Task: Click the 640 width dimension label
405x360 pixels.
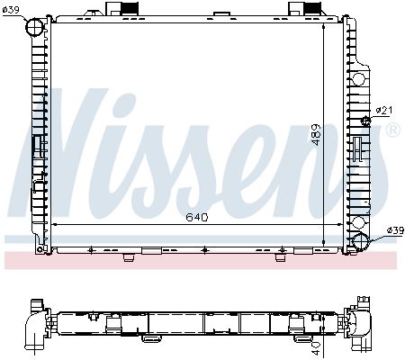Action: point(197,217)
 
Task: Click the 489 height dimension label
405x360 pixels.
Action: point(316,135)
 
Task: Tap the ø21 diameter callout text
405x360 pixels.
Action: point(384,111)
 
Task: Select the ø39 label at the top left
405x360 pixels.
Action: point(11,10)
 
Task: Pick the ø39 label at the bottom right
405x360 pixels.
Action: point(395,230)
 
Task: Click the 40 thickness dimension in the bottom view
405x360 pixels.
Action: point(317,348)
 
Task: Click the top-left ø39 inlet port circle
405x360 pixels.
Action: point(35,27)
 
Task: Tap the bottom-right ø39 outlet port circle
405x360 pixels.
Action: point(361,241)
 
